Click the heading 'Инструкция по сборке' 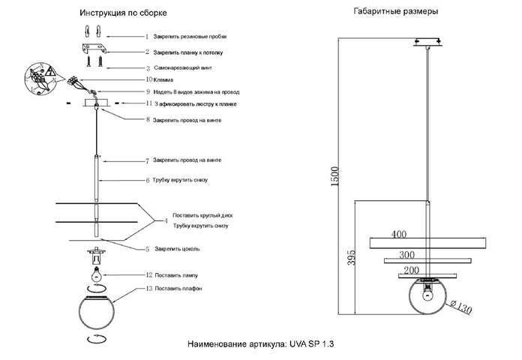click(123, 13)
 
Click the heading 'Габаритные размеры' click(396, 12)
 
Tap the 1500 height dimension click(334, 176)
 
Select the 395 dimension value click(351, 257)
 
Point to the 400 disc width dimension click(398, 234)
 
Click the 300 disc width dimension click(406, 255)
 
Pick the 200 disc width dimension click(412, 270)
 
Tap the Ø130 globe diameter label click(461, 307)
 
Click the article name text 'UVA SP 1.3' click(311, 343)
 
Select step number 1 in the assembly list click(147, 37)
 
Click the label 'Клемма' click(163, 80)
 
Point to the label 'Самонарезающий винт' click(183, 68)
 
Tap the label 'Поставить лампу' click(176, 275)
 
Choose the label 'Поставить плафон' click(178, 289)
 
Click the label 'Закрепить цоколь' click(177, 249)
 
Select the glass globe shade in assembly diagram click(97, 313)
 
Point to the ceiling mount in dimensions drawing click(427, 42)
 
